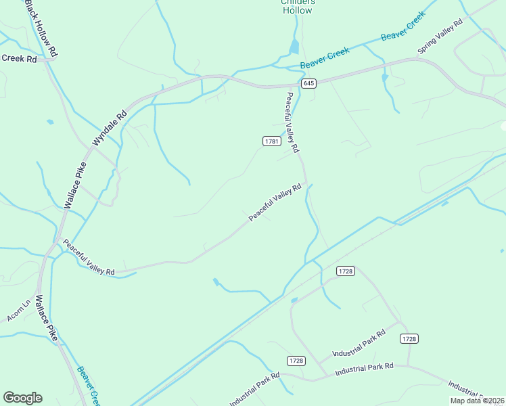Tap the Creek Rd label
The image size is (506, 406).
point(19,59)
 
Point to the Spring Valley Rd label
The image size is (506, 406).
point(440,37)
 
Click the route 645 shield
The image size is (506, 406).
point(308,83)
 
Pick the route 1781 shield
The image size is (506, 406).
point(271,140)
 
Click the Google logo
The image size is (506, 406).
point(22,398)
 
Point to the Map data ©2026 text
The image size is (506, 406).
point(477,401)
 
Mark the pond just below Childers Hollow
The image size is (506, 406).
point(294,47)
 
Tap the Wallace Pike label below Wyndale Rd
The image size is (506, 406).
point(75,185)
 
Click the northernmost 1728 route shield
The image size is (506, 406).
point(345,271)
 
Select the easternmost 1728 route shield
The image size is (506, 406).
point(409,338)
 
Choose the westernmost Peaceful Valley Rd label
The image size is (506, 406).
point(89,257)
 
